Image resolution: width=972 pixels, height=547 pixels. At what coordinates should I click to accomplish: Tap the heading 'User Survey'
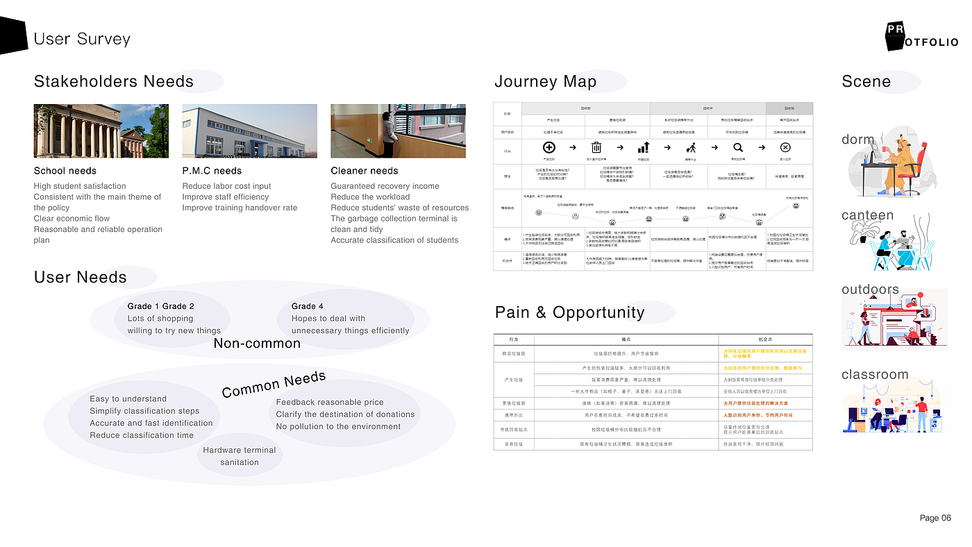[x=82, y=39]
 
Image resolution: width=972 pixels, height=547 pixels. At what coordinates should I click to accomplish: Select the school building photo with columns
[x=101, y=131]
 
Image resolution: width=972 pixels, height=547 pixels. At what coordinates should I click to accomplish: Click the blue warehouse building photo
[x=249, y=131]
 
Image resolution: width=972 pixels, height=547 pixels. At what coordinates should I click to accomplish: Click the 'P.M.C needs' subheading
[x=212, y=171]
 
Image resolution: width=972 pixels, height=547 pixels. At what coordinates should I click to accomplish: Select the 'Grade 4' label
[x=308, y=306]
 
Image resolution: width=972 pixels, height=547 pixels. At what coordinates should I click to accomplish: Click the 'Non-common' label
[x=257, y=344]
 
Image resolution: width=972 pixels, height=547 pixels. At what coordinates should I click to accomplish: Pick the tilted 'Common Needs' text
[x=274, y=384]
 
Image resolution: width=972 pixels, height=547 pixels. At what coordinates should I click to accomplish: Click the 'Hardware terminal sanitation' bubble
[x=240, y=456]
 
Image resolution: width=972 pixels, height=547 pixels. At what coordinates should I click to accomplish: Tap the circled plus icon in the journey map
[x=548, y=147]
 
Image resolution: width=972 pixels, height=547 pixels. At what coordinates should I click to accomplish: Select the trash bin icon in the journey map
[x=596, y=147]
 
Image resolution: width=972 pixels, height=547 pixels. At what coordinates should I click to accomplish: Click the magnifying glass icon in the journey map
[x=738, y=147]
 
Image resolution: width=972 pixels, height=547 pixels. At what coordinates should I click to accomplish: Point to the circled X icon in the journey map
[x=785, y=147]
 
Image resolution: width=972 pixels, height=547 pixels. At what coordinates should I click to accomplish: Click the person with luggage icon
[x=691, y=147]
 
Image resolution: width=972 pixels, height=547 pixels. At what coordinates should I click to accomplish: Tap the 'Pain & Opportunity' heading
[x=569, y=312]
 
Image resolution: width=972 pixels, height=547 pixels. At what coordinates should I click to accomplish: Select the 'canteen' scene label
[x=867, y=215]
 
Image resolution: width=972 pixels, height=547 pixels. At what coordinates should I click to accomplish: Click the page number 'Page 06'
[x=935, y=518]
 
